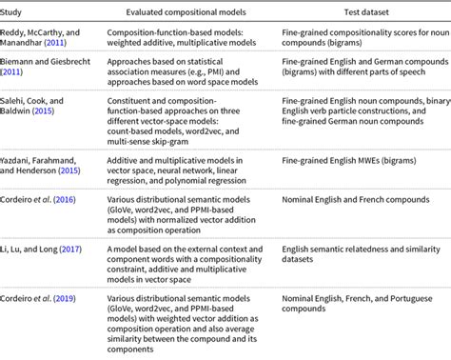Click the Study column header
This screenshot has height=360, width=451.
pyautogui.click(x=18, y=11)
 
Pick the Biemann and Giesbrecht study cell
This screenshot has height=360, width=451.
pyautogui.click(x=49, y=75)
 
